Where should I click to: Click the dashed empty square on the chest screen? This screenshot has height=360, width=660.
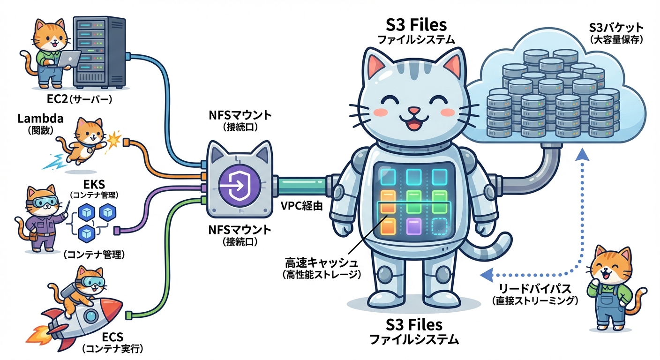pyautogui.click(x=439, y=226)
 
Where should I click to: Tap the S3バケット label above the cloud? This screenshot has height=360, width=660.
pyautogui.click(x=615, y=28)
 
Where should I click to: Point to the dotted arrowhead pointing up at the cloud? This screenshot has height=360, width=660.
pyautogui.click(x=582, y=155)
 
